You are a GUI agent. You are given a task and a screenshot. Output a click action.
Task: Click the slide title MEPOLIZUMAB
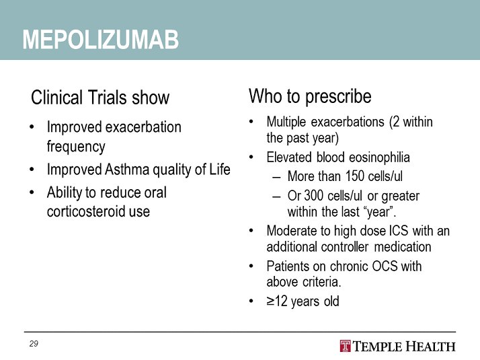tap(101, 40)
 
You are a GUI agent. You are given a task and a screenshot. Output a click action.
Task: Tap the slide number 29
tap(34, 344)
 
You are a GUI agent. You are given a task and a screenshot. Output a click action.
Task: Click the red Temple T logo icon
tap(345, 347)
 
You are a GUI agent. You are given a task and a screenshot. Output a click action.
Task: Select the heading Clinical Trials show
tap(100, 98)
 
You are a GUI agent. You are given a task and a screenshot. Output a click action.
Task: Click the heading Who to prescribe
tap(310, 96)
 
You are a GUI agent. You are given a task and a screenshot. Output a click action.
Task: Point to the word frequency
tap(76, 147)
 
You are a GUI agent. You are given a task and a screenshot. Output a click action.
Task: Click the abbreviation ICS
tap(398, 231)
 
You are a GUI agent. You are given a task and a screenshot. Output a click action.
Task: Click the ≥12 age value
tap(277, 301)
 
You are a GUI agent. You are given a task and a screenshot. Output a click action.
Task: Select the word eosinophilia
tap(379, 157)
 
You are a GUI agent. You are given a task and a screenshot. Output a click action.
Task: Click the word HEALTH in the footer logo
tap(430, 347)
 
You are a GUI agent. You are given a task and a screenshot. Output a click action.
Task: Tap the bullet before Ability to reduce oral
tap(32, 192)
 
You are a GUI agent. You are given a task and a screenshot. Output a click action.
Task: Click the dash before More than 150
tap(276, 178)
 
